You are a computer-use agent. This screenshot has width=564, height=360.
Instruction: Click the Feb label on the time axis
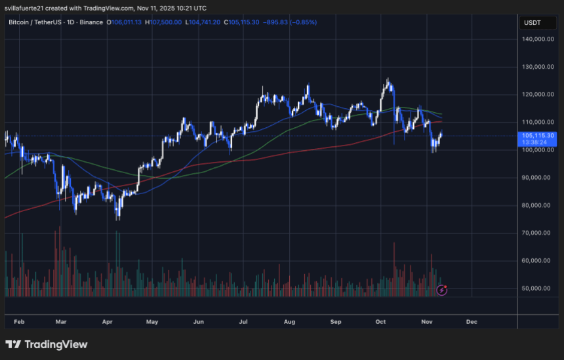click(20, 322)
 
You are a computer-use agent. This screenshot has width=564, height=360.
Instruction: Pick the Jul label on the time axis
click(243, 322)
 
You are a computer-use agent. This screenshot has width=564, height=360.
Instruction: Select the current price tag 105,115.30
click(537, 135)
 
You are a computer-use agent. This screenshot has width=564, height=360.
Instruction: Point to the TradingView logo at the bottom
click(46, 344)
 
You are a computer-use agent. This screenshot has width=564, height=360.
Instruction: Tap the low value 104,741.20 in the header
click(205, 22)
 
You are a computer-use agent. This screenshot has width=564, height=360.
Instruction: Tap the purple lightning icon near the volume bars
click(442, 289)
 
